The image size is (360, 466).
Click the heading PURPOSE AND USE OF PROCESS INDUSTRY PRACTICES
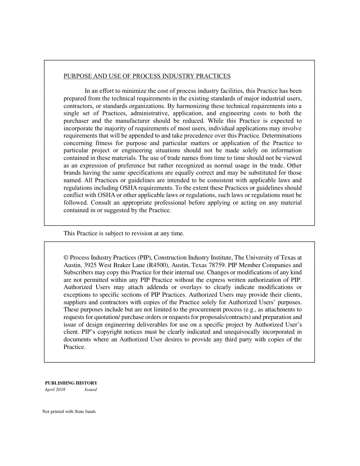(147, 76)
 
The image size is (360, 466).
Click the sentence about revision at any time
(124, 233)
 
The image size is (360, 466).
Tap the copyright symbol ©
(66, 258)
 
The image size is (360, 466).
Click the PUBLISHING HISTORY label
(71, 383)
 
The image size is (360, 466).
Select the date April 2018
(55, 390)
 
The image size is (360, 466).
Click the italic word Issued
(91, 390)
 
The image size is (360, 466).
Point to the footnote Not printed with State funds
(69, 412)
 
